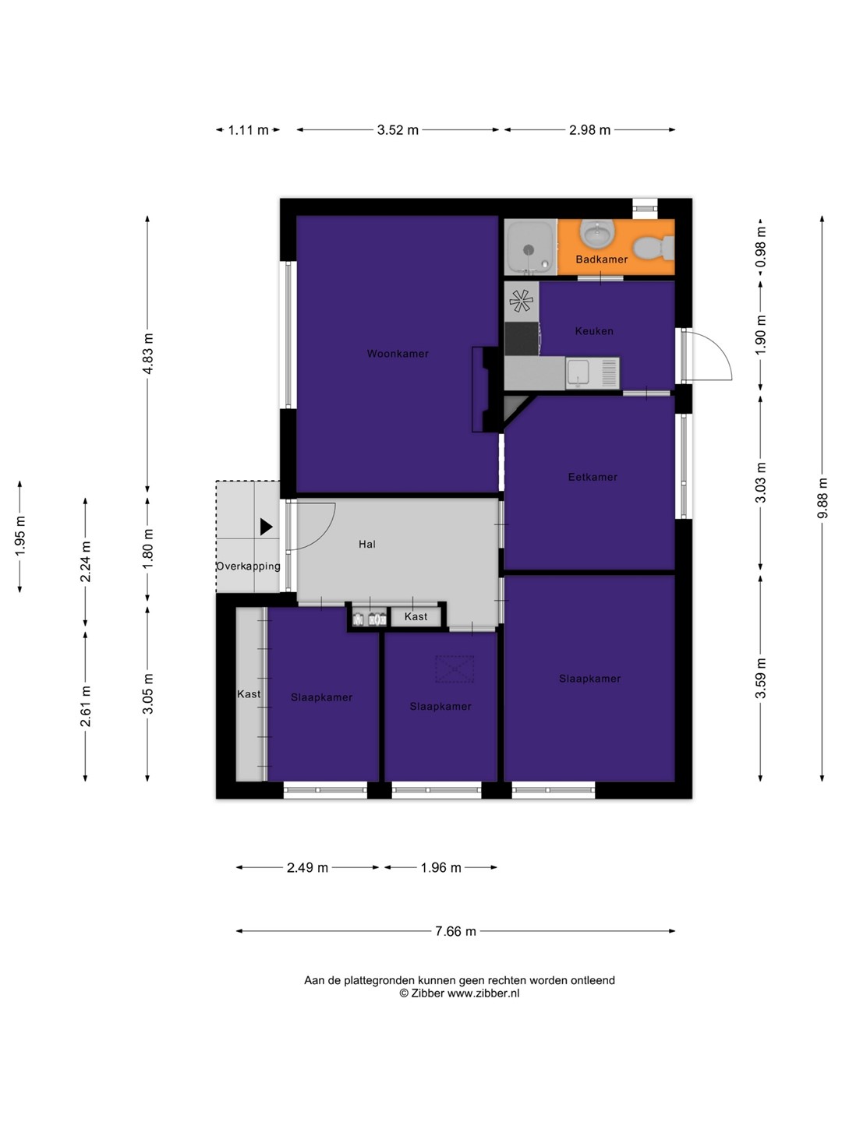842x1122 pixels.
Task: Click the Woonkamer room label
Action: click(x=398, y=354)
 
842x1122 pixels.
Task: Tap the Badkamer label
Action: click(x=601, y=259)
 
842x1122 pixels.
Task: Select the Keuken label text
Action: click(x=594, y=331)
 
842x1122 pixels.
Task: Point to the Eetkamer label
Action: click(x=593, y=477)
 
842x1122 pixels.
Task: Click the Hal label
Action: click(x=367, y=545)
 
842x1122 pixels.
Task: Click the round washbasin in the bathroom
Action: click(x=596, y=233)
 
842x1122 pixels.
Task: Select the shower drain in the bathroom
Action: click(x=529, y=249)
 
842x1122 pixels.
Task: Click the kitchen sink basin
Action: click(x=578, y=372)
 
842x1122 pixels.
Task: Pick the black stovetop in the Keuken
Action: click(x=522, y=338)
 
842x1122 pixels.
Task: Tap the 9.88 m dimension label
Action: click(x=822, y=498)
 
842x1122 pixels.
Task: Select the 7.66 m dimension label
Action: click(x=455, y=931)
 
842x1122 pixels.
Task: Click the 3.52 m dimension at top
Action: click(x=398, y=130)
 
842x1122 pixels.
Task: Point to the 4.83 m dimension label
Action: click(x=148, y=354)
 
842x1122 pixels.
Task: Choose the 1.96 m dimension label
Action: click(x=440, y=867)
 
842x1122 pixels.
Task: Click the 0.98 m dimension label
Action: click(x=761, y=247)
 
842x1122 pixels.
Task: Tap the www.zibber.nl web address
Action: click(x=483, y=993)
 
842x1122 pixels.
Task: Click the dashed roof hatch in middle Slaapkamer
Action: click(x=455, y=669)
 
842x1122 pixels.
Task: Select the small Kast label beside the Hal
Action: click(x=416, y=616)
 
